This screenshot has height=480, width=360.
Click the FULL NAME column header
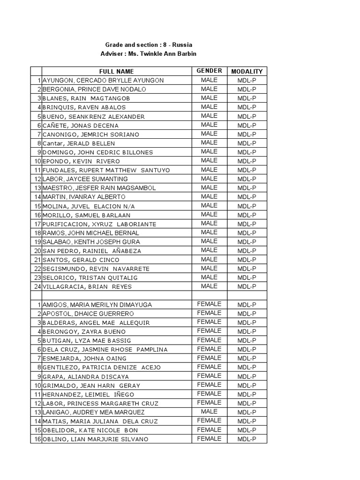[x=116, y=71]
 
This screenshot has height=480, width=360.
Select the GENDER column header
[x=209, y=71]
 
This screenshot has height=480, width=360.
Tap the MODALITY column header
[x=247, y=71]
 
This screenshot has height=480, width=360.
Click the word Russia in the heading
[x=182, y=45]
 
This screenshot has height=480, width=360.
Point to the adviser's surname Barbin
[x=184, y=54]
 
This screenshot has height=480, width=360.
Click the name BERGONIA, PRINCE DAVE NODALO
[x=94, y=89]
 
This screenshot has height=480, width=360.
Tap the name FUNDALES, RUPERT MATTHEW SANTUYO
[x=106, y=170]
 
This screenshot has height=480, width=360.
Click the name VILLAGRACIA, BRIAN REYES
[x=87, y=286]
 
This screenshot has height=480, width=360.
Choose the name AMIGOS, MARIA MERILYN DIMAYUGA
[x=97, y=305]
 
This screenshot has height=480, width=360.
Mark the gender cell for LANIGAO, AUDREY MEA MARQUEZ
[x=209, y=412]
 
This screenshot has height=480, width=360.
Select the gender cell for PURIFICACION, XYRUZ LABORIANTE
[x=209, y=224]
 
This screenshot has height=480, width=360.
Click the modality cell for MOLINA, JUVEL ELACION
[x=247, y=206]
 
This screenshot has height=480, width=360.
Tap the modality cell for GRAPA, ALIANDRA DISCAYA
[x=247, y=376]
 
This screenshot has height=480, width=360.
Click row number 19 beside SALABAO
[x=37, y=242]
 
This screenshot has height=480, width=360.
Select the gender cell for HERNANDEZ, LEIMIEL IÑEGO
[x=209, y=394]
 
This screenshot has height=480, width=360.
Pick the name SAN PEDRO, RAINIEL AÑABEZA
[x=91, y=251]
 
